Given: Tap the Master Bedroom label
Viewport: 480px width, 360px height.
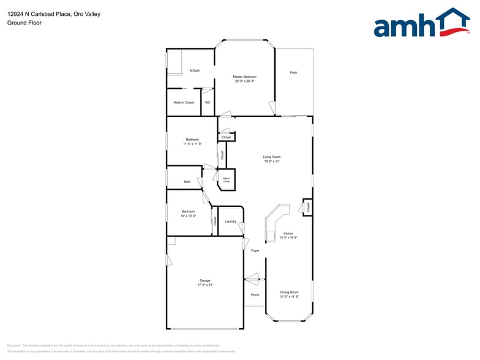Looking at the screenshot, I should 244,77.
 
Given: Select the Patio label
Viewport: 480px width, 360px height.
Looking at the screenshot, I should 293,73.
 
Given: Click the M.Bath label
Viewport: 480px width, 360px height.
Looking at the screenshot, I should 195,70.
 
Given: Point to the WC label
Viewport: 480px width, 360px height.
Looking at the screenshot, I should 208,102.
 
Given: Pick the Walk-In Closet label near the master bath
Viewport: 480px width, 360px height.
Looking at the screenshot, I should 184,102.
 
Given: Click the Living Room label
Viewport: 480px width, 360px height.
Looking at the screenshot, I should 272,157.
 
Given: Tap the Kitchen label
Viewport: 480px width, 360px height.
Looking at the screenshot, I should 288,233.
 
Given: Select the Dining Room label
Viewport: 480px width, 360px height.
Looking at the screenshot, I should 289,292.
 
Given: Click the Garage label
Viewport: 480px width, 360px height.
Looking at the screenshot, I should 204,280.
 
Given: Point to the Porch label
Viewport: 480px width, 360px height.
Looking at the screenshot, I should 255,294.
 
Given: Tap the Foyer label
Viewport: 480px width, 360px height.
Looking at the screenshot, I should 255,250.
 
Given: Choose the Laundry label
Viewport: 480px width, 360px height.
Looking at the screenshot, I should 231,221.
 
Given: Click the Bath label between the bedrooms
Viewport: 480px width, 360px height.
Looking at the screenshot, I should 187,182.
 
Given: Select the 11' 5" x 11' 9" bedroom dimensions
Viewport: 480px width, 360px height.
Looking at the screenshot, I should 192,144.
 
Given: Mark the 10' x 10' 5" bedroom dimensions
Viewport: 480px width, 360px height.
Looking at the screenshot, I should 188,216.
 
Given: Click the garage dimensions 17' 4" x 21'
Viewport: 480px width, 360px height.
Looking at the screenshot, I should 204,285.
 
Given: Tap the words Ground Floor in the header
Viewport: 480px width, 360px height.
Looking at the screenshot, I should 24,23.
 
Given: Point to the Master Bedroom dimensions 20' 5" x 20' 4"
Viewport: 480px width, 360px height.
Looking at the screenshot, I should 244,81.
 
